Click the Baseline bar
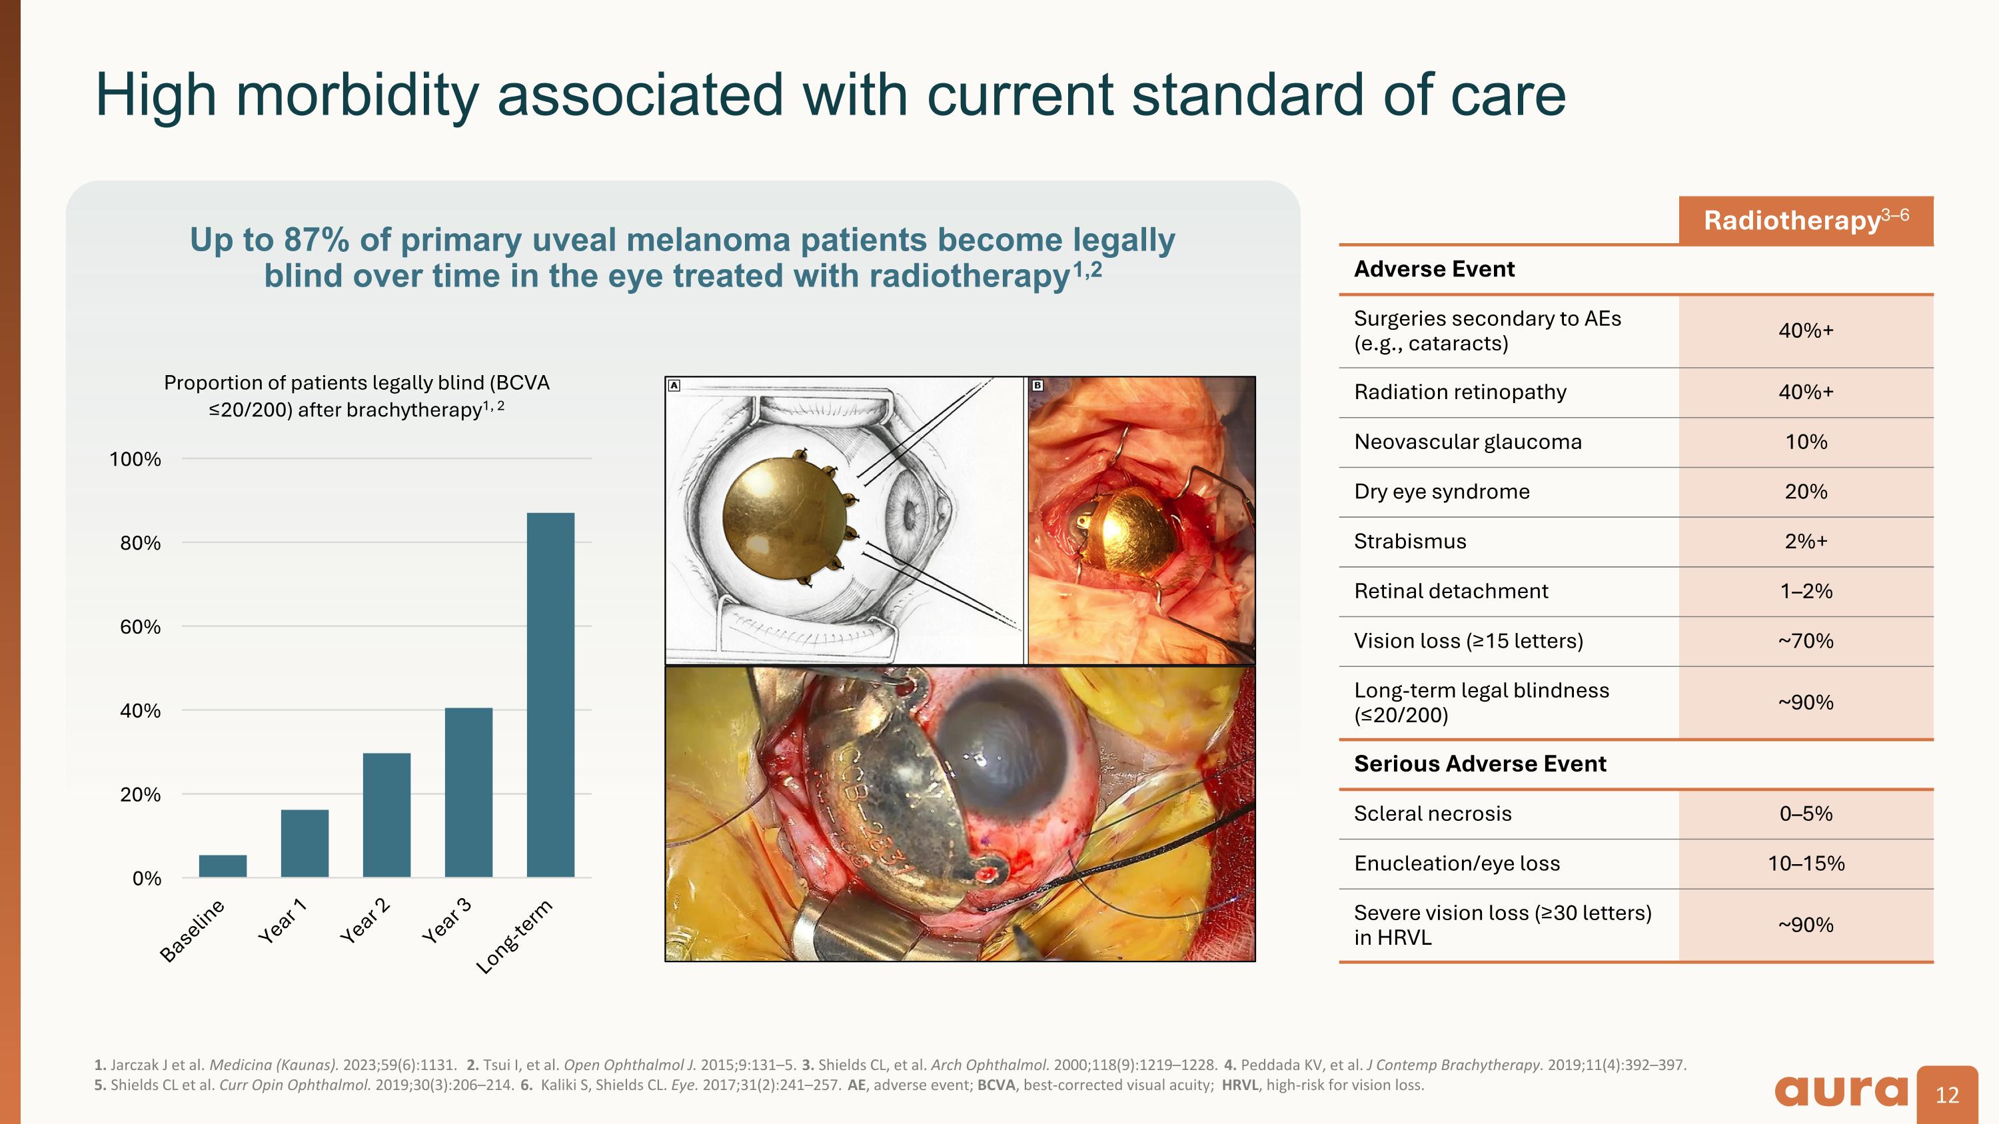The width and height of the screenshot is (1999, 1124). [223, 865]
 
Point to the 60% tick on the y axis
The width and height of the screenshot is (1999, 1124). [141, 627]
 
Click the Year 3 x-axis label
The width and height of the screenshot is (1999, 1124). [447, 921]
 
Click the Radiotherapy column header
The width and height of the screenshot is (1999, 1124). [1806, 221]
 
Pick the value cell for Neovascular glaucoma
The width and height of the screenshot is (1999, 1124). [1806, 442]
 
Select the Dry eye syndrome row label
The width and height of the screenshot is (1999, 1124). [1441, 492]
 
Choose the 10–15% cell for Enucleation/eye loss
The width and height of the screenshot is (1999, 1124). [1806, 863]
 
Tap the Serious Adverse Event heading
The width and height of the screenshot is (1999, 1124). [1479, 764]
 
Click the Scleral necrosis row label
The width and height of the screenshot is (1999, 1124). [1433, 814]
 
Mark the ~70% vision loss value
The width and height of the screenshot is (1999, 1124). [1806, 641]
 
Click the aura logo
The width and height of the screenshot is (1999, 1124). [1840, 1091]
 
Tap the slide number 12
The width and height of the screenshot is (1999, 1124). [1947, 1095]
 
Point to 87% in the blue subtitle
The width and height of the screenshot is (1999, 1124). [316, 240]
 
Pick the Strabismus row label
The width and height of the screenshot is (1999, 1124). [1409, 542]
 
